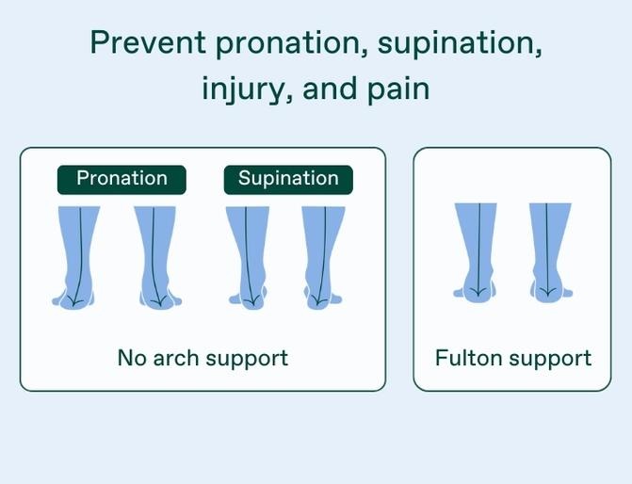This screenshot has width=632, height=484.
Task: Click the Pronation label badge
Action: click(122, 180)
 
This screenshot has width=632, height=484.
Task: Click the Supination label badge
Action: click(288, 180)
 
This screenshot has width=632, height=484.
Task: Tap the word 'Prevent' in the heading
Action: click(148, 42)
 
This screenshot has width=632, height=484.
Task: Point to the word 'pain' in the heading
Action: click(398, 89)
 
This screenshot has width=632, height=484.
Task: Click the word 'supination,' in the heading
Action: click(460, 43)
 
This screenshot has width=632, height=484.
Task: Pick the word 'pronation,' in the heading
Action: click(292, 43)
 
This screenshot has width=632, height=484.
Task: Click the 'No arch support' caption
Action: click(203, 358)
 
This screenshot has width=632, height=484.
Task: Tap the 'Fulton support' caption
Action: click(513, 358)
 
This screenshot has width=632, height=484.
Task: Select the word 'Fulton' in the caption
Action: click(469, 358)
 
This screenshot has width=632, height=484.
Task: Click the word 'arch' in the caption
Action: click(176, 358)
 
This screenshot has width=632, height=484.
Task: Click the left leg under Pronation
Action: click(75, 258)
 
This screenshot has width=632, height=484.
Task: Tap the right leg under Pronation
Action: click(158, 258)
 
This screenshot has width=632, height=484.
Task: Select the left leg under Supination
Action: click(248, 258)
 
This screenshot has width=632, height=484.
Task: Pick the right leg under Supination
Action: click(323, 258)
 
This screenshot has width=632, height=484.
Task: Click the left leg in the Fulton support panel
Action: click(476, 252)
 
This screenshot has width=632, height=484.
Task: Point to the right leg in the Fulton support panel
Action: click(550, 252)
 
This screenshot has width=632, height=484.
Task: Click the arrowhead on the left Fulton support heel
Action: click(478, 292)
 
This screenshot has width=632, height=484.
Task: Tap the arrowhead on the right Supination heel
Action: click(317, 300)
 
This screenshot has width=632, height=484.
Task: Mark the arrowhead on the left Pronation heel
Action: click(74, 301)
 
